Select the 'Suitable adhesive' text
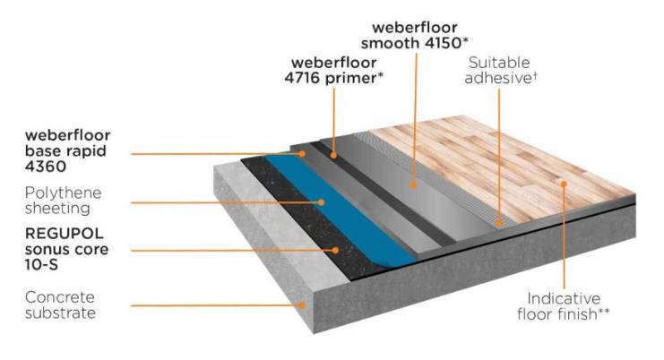504,70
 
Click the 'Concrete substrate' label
60,304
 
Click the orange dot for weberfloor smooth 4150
414,184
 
